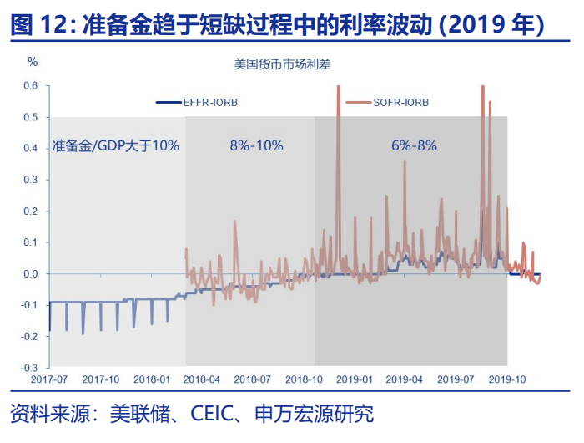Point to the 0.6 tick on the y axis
(31, 86)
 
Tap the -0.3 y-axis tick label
(29, 367)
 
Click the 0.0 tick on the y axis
(31, 273)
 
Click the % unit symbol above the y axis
(33, 62)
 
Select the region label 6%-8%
(414, 145)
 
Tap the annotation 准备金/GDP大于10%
(115, 145)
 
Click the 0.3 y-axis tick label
(31, 180)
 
